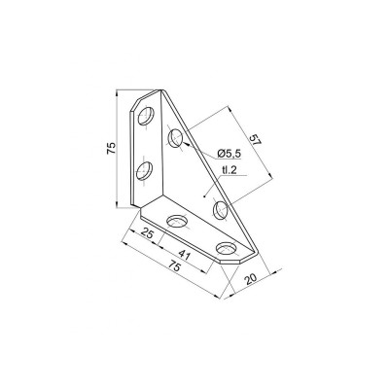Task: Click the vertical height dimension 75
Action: coord(113,148)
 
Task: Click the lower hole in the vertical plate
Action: coord(145,172)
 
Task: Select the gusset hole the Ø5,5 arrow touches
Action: coord(175,139)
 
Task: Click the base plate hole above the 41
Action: coord(177,223)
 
